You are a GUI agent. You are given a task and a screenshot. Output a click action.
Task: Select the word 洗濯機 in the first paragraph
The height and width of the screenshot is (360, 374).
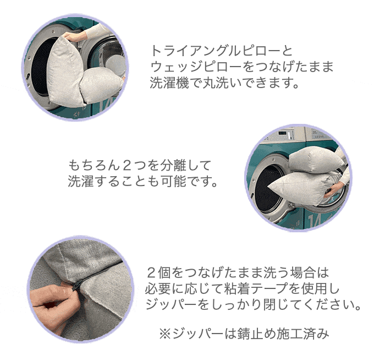[x=169, y=83]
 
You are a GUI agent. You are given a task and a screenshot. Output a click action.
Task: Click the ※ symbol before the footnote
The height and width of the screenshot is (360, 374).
[x=166, y=334]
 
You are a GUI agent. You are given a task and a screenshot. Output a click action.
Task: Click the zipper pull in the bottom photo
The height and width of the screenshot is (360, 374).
[x=77, y=285]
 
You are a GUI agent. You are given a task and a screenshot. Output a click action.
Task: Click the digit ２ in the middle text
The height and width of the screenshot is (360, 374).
[x=127, y=166]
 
